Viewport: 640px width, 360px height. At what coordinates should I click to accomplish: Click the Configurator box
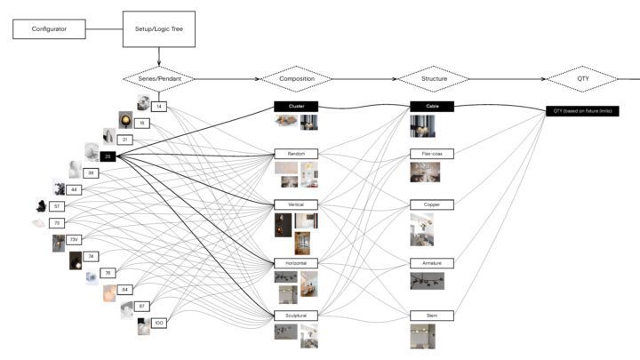(49, 29)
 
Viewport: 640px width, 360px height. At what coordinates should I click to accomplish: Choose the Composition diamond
(296, 79)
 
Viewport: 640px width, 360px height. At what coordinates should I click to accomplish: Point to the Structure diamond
(433, 79)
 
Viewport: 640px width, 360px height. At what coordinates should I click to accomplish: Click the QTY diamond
(582, 79)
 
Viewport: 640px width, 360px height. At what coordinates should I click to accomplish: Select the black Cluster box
(296, 106)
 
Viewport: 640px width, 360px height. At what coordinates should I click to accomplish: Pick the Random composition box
(296, 154)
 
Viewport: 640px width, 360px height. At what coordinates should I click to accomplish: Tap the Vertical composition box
(296, 204)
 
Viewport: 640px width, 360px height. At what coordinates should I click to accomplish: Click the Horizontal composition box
(296, 264)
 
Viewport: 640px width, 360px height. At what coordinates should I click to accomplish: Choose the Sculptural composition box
(296, 315)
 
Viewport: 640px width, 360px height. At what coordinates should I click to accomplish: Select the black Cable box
(432, 106)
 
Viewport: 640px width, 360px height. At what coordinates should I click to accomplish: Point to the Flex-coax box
(432, 154)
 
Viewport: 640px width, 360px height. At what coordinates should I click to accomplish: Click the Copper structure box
(432, 204)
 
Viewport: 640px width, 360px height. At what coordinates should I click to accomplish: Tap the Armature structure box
(432, 264)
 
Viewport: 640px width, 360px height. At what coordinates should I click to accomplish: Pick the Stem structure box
(432, 315)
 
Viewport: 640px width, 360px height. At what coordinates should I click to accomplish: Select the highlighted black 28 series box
(108, 156)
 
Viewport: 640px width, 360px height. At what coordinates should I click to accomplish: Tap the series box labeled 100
(159, 323)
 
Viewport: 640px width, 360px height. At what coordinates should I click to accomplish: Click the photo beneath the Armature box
(427, 281)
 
